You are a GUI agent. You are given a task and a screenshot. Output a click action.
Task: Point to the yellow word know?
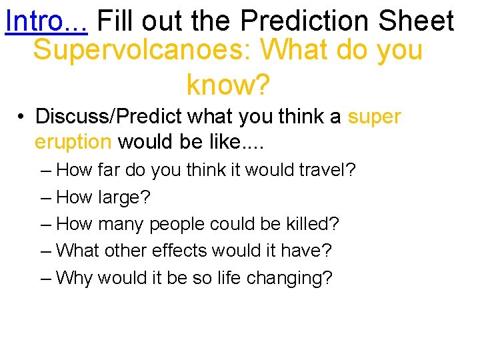228,85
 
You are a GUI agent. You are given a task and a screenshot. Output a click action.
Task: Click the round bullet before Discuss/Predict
22,117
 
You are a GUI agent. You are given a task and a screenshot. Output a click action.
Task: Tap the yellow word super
374,117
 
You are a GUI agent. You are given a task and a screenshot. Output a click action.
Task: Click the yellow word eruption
73,142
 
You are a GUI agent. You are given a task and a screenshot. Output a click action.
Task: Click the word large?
125,197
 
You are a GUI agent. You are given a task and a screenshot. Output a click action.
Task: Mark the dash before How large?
45,197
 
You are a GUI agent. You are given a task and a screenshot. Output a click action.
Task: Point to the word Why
75,277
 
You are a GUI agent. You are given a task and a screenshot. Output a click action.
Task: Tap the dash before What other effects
45,251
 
